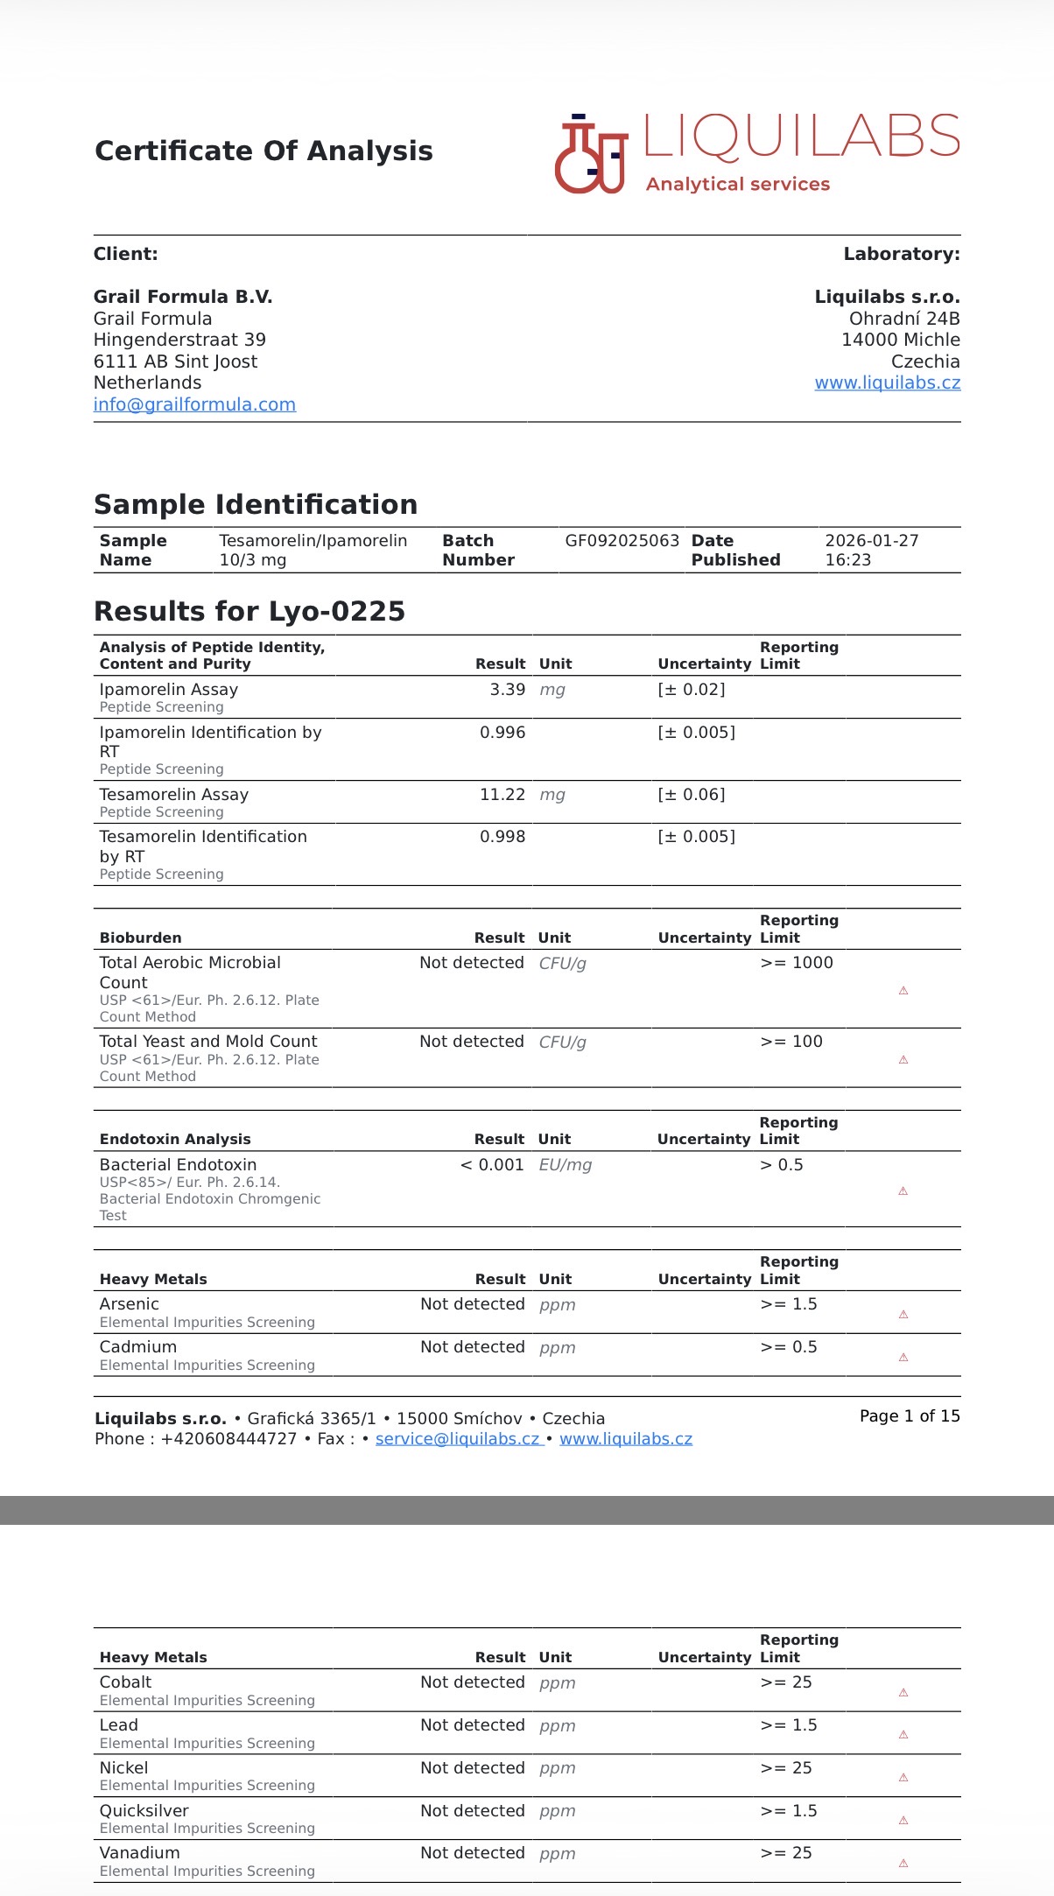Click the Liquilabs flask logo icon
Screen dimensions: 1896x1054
591,155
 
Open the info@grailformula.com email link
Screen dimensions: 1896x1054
194,404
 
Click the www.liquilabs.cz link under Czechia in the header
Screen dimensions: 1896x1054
887,383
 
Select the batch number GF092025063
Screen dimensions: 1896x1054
622,541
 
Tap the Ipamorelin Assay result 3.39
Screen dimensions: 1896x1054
507,690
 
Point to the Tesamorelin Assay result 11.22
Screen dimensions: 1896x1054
502,795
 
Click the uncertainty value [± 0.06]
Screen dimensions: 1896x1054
692,795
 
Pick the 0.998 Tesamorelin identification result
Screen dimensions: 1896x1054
502,837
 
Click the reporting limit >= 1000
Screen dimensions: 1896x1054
797,963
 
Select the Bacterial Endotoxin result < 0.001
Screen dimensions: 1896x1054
491,1165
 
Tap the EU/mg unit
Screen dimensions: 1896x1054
565,1165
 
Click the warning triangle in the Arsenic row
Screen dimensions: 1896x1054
903,1315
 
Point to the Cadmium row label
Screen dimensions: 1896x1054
138,1347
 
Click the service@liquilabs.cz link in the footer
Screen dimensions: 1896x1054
459,1439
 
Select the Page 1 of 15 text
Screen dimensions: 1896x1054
910,1416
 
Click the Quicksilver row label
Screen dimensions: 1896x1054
144,1811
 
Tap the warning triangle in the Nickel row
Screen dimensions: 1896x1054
903,1778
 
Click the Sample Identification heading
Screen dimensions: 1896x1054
256,504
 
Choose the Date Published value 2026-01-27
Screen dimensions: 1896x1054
871,541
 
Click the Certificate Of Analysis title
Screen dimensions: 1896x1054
263,151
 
